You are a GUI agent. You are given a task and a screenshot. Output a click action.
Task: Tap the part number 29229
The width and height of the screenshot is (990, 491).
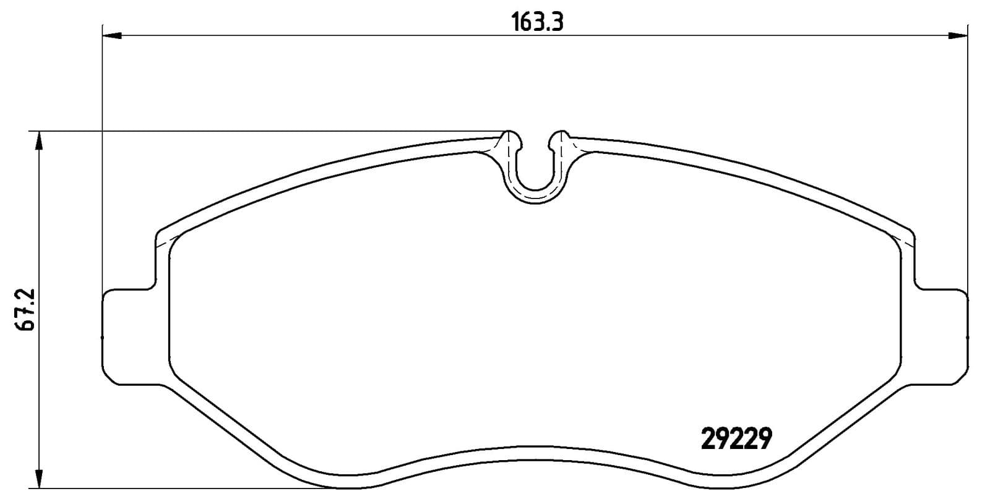[x=736, y=440]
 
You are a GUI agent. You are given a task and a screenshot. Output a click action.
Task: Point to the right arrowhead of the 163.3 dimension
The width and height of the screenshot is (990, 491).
[x=958, y=36]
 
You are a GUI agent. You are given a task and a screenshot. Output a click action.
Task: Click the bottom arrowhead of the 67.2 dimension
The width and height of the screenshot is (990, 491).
[x=40, y=479]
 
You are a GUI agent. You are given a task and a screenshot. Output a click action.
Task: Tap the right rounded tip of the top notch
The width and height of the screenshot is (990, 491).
[x=561, y=137]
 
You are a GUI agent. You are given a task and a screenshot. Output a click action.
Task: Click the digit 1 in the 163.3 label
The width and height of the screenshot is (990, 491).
[x=515, y=22]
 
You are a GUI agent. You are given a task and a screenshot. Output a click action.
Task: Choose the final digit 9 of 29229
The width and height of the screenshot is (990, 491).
[x=765, y=440]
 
